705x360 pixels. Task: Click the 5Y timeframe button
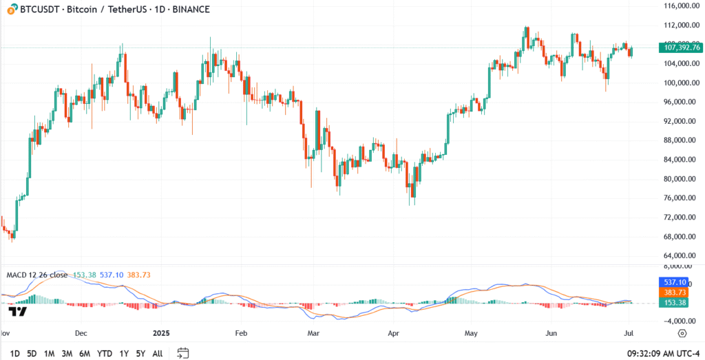tap(140, 353)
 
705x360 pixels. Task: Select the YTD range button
tap(105, 353)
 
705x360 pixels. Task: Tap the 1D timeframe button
tap(14, 353)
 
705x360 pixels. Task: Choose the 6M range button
tap(85, 353)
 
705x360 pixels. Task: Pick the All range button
tap(158, 353)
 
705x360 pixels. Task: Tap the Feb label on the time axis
tap(240, 333)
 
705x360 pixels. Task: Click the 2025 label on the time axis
tap(160, 333)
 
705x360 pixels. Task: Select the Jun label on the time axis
tap(551, 333)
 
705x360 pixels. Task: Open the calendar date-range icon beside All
tap(182, 353)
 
